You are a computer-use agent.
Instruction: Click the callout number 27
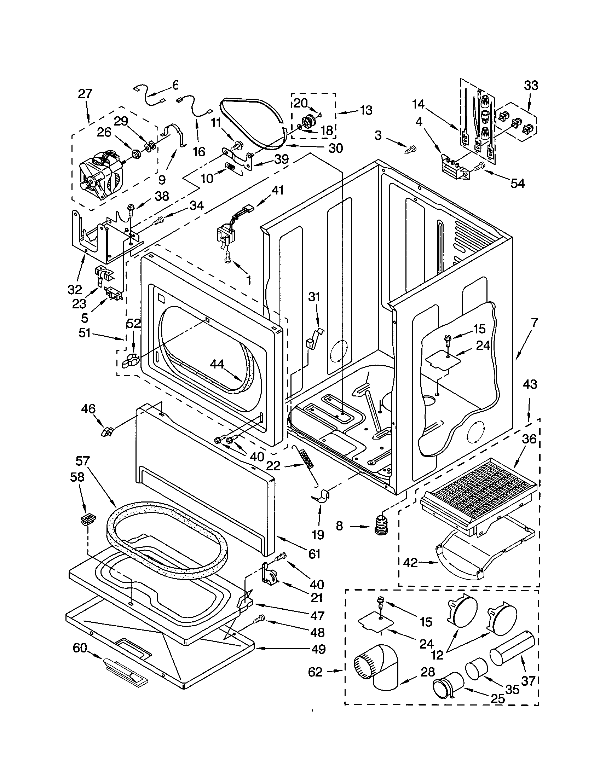tap(85, 94)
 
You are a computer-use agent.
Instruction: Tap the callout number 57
tap(83, 461)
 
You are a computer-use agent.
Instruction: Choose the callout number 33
tap(531, 86)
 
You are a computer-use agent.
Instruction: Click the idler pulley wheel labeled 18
tap(307, 122)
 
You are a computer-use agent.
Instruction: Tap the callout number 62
tap(315, 672)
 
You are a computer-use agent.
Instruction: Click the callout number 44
tap(217, 364)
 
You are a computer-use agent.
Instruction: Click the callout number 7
tap(534, 323)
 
